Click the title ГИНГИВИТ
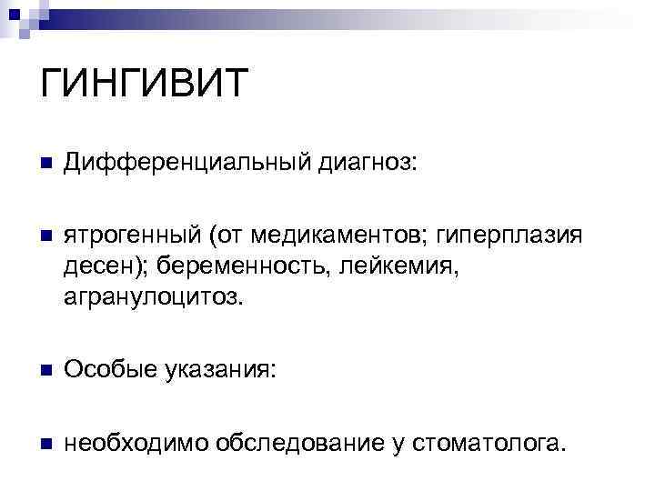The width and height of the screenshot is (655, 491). [x=145, y=85]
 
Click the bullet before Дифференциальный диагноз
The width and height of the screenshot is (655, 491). [x=45, y=165]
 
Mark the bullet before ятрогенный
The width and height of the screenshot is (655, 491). [x=45, y=237]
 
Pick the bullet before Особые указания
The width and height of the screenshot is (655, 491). [x=45, y=369]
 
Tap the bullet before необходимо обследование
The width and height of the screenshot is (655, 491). [x=45, y=443]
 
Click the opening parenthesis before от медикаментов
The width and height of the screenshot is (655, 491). [x=210, y=237]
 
